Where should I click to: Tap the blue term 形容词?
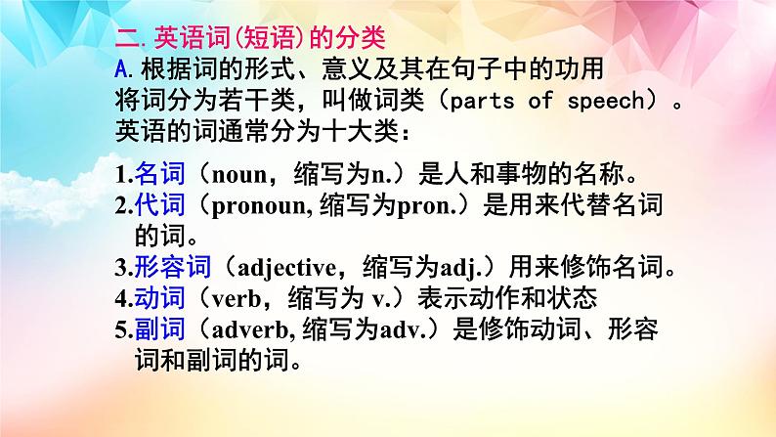coord(166,267)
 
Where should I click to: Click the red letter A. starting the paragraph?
coord(122,71)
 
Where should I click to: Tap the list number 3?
coord(120,268)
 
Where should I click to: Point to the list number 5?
coord(120,329)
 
